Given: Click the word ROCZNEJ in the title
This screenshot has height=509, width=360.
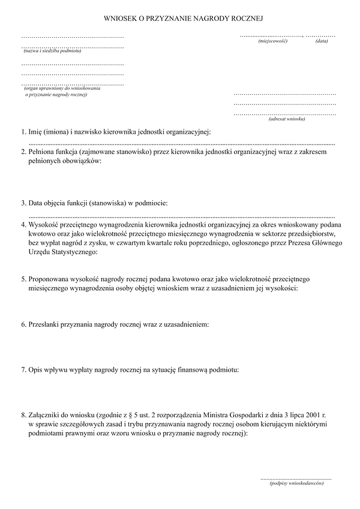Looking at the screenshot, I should (246, 19).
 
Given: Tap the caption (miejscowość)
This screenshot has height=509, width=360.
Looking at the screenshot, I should (273, 41).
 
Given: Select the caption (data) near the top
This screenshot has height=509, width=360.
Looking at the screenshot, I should (322, 41).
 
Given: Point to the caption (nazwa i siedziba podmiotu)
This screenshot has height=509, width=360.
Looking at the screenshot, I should (52, 50).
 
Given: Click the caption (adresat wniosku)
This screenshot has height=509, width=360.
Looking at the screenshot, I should (287, 119).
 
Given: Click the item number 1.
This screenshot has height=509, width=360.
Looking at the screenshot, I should (22, 131).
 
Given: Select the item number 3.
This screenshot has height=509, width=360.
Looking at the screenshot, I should (22, 203).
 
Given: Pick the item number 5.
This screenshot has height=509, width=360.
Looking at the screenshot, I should (22, 279).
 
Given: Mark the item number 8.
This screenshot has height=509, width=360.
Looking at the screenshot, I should (22, 415).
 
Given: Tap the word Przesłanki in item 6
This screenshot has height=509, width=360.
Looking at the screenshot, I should (44, 324).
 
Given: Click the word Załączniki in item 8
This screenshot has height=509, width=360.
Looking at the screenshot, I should (46, 415).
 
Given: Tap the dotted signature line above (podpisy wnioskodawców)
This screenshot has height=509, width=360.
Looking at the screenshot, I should (296, 478).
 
